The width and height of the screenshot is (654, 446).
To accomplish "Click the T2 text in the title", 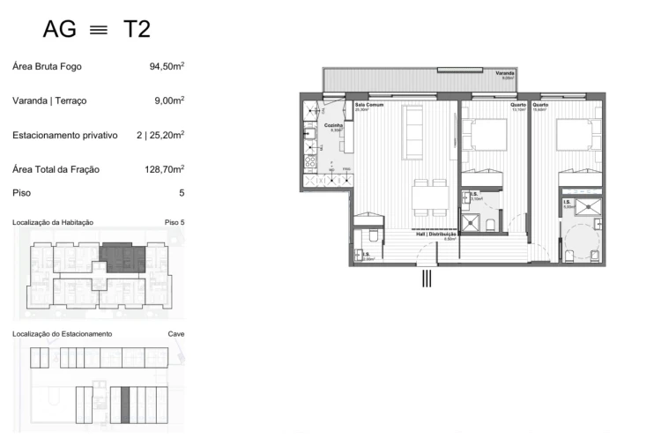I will pyautogui.click(x=137, y=29).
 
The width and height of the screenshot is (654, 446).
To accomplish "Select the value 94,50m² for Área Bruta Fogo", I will pyautogui.click(x=167, y=66).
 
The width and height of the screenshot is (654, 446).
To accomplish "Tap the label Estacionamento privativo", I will pyautogui.click(x=65, y=135).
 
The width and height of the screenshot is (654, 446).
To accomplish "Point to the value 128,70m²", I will pyautogui.click(x=164, y=168).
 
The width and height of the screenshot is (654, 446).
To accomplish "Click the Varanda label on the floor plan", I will pyautogui.click(x=505, y=73).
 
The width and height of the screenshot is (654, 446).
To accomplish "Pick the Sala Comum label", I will pyautogui.click(x=367, y=105).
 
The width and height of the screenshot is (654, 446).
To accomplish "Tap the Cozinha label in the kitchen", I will pyautogui.click(x=333, y=126).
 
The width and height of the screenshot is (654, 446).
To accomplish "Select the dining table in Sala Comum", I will pyautogui.click(x=429, y=197).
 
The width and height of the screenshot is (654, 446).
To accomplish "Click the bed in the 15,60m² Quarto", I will pyautogui.click(x=582, y=136).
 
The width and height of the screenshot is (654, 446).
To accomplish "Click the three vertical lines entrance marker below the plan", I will pyautogui.click(x=427, y=279).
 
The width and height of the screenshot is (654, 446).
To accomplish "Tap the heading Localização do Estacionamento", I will pyautogui.click(x=63, y=334).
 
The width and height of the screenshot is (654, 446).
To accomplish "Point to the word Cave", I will pyautogui.click(x=175, y=334).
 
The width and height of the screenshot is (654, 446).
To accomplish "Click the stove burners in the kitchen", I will pyautogui.click(x=310, y=161).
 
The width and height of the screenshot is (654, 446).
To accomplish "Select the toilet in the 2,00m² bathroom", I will pyautogui.click(x=373, y=236).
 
